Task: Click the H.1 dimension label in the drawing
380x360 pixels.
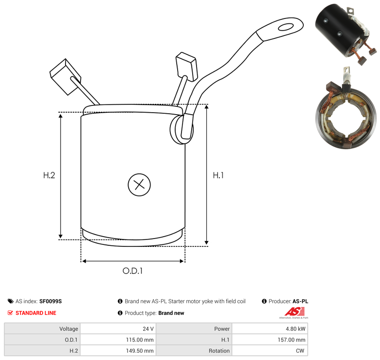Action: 218,175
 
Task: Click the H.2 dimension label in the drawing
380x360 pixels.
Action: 49,175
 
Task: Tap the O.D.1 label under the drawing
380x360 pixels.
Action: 132,271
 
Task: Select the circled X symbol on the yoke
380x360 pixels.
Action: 139,185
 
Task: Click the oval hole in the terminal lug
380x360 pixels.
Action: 286,27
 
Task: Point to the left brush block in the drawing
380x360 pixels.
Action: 65,77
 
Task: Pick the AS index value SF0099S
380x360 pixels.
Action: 50,301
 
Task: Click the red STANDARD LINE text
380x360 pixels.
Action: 36,313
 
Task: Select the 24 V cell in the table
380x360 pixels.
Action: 118,329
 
